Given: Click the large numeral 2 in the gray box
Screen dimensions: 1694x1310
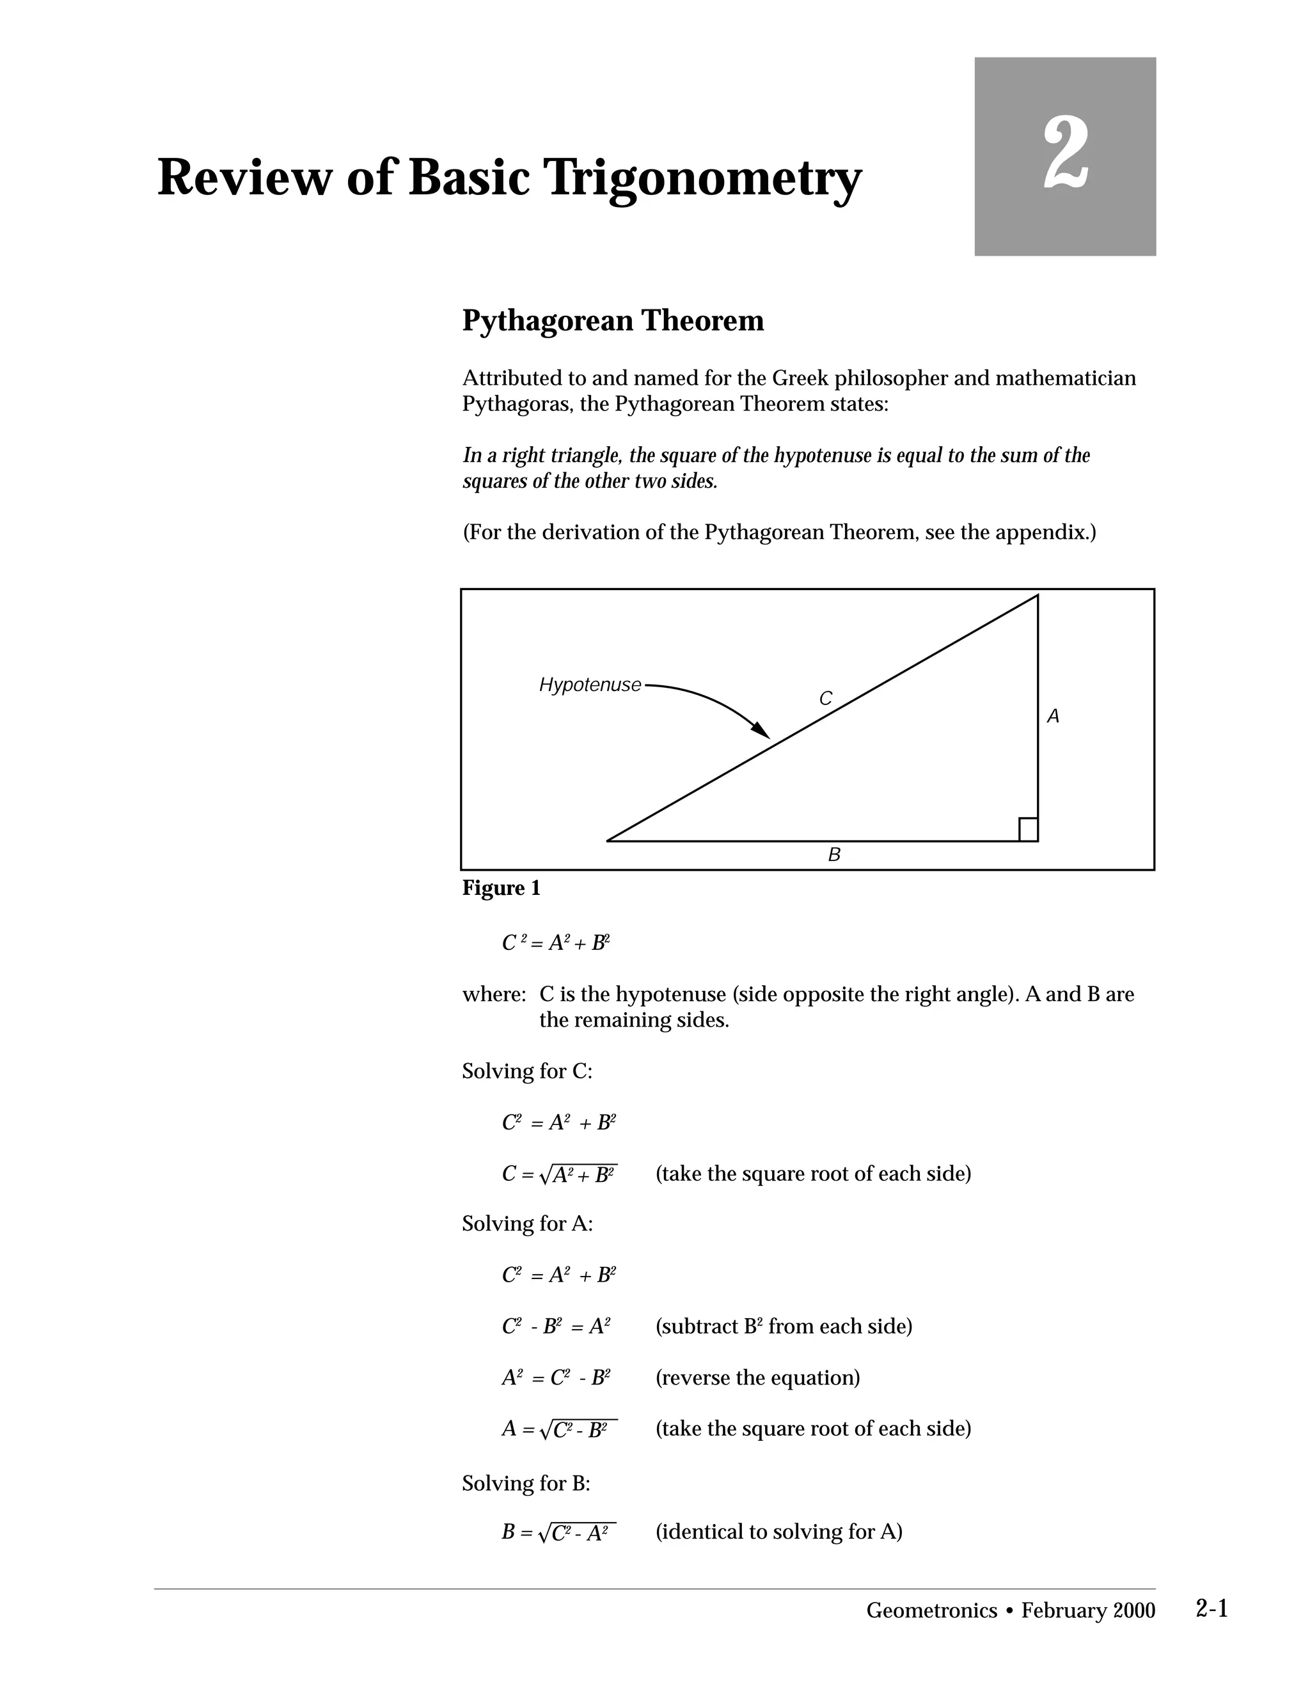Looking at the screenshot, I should pos(1066,153).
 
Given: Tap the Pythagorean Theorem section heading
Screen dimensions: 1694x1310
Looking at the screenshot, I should pos(612,320).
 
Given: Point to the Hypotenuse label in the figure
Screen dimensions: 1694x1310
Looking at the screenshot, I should pos(590,685).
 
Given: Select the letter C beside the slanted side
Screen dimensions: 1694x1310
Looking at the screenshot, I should pos(826,699).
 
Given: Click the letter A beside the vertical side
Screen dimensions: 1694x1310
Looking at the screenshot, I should pos(1053,717).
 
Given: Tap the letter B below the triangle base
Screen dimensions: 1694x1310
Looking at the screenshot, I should pos(834,855).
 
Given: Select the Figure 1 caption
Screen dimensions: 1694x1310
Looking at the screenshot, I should pos(501,888).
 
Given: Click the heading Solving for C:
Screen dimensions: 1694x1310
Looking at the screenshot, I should pos(527,1071).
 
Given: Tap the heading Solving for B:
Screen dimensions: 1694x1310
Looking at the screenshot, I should pos(526,1483).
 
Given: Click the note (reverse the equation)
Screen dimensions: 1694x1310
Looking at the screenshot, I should pos(757,1378).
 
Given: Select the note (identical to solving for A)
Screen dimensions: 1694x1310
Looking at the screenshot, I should pos(778,1531).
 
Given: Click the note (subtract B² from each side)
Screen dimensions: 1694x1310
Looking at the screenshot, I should pos(784,1326).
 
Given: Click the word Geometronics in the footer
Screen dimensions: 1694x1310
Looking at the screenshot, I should pos(931,1611).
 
